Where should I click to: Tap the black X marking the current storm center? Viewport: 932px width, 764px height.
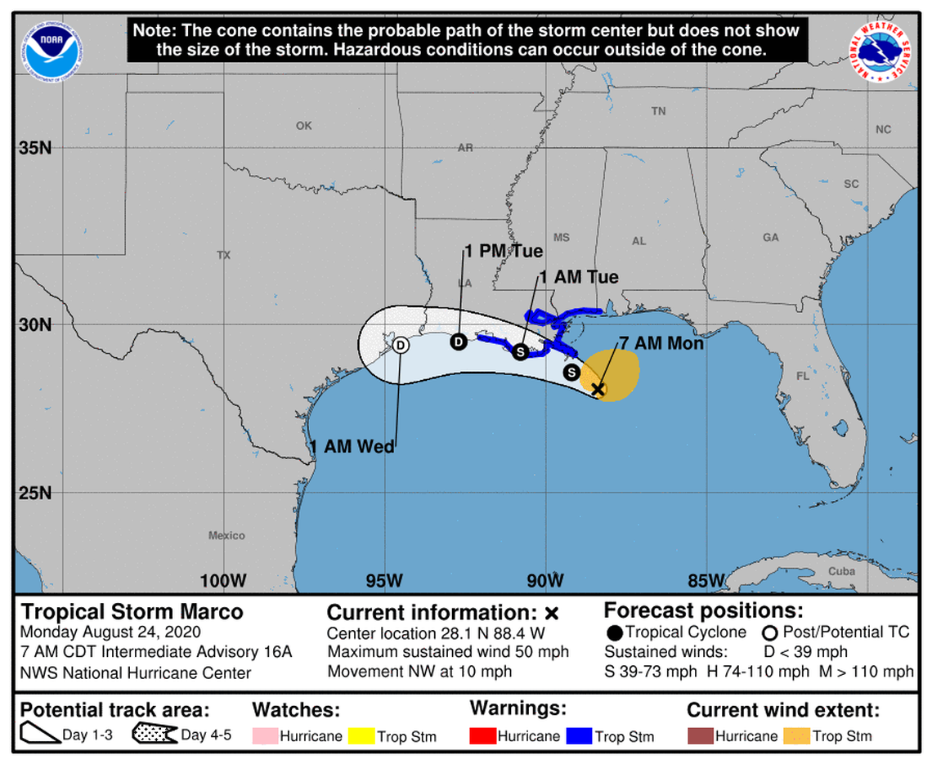pos(598,389)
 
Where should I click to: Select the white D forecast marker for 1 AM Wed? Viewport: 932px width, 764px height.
pos(401,346)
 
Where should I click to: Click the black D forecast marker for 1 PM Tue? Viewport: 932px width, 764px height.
pos(459,342)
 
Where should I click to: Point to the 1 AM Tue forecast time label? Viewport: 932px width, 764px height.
pos(578,278)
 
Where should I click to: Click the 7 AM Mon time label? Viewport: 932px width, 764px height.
pos(662,344)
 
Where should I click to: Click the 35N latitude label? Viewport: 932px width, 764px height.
pos(35,149)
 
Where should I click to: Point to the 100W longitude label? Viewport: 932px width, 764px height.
pos(223,581)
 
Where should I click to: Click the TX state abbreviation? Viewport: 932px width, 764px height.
pos(223,256)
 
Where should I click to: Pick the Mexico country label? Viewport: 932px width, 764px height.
pos(226,535)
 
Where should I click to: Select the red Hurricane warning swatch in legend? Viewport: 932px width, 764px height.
pos(484,735)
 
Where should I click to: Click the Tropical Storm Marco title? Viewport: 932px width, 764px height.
pos(132,611)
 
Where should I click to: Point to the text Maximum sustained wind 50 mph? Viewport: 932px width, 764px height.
pos(448,652)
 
